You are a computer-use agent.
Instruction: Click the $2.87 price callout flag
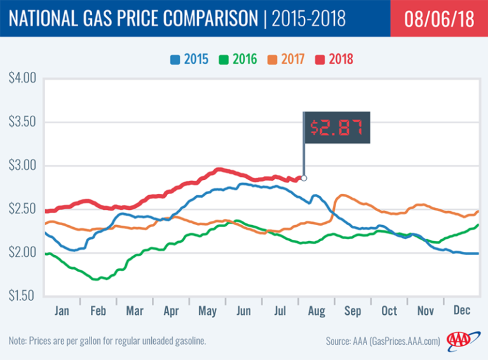point(336,127)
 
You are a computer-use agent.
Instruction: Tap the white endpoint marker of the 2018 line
point(304,178)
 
